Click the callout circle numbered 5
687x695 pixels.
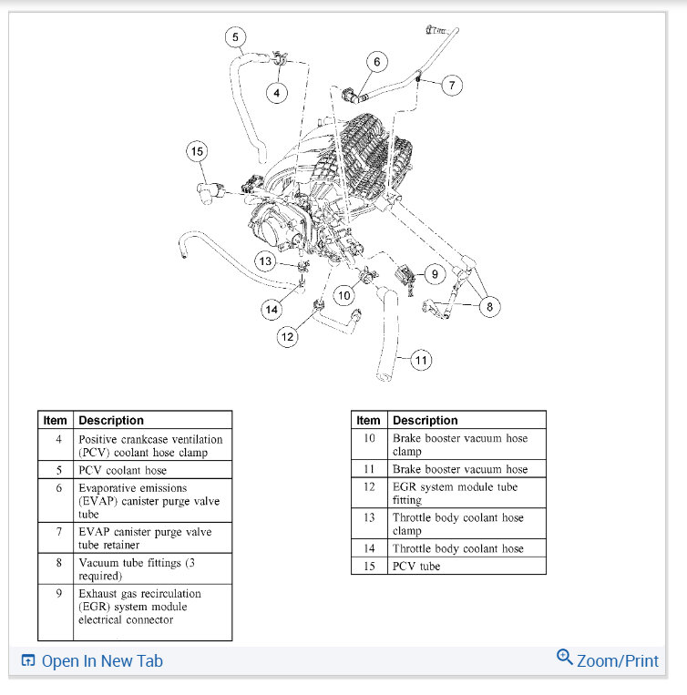tap(236, 37)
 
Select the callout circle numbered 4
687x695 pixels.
tap(277, 92)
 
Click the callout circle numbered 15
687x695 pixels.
tap(198, 151)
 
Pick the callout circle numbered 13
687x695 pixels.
tap(265, 261)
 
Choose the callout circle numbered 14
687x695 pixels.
tap(272, 310)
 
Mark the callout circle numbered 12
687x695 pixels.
tap(288, 337)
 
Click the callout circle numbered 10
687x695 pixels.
tap(343, 295)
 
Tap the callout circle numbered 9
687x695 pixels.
tap(434, 272)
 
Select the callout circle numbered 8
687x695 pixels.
tap(489, 307)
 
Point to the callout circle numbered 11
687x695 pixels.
tap(420, 360)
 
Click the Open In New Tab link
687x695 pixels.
tap(92, 661)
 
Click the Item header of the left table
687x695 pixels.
tap(56, 420)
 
